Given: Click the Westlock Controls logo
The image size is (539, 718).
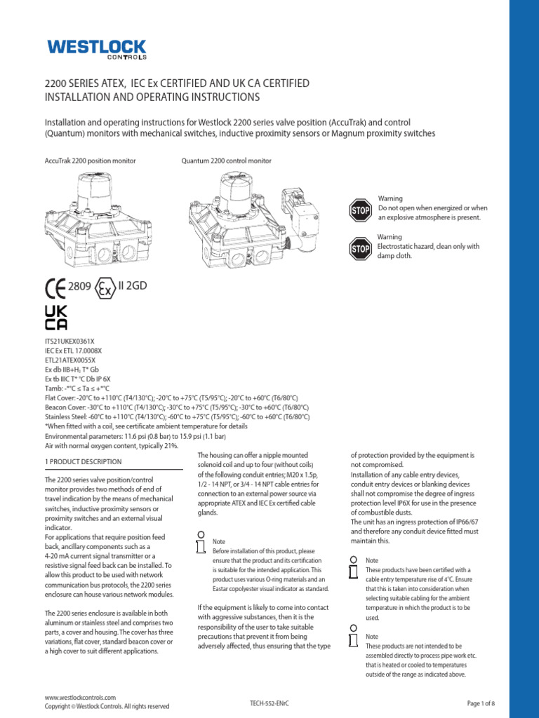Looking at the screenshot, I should click(96, 48).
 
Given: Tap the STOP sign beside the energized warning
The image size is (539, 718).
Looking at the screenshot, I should click(360, 209).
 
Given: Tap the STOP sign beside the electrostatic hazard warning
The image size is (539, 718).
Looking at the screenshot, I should click(360, 248).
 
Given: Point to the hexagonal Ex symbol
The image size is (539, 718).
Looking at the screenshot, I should click(105, 288).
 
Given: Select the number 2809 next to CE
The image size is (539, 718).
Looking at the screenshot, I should click(79, 287).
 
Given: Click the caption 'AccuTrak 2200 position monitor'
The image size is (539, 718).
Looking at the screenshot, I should click(90, 161).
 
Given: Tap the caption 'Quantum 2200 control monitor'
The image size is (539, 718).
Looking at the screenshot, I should click(226, 161).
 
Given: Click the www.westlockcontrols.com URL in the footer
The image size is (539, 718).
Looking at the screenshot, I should click(80, 698).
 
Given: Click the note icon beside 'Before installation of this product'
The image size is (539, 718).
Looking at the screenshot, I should click(201, 542).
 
